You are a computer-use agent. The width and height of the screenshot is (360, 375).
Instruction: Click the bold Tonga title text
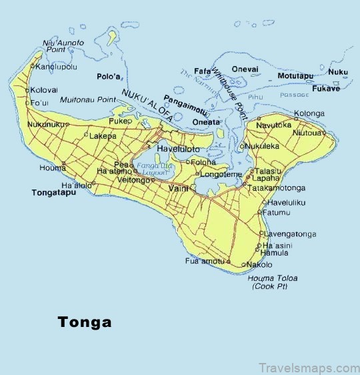coord(84,322)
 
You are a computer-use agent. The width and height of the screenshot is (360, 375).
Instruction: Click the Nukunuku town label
coord(46,124)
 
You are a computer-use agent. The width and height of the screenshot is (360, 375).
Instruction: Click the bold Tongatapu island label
coord(54,193)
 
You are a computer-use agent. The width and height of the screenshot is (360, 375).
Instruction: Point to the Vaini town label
coord(179,188)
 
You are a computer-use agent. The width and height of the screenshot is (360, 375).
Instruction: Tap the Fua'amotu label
coord(205,261)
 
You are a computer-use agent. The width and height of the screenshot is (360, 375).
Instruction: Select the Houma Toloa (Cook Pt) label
coord(275,282)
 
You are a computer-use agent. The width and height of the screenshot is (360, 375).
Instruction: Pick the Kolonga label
coord(309,114)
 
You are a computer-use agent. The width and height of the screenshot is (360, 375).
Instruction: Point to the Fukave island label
coord(326,88)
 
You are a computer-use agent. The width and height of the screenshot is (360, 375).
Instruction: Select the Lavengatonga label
coord(289,234)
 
